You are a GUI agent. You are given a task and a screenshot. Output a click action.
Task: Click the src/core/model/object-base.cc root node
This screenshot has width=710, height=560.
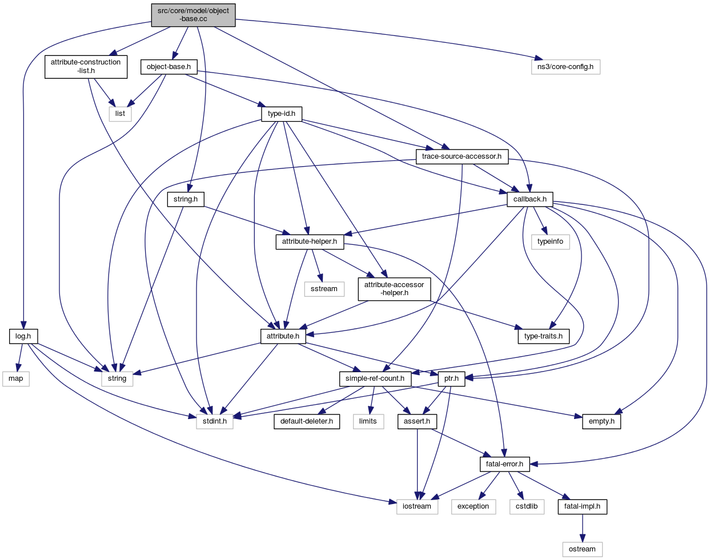(x=193, y=15)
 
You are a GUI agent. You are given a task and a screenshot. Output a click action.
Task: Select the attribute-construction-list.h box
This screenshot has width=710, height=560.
(x=86, y=66)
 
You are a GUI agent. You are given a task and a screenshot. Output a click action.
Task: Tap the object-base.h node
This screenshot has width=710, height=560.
(x=169, y=67)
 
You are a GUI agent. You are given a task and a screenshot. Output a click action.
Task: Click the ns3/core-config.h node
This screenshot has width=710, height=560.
(x=565, y=67)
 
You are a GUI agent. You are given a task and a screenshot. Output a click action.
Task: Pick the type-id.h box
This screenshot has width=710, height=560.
(x=282, y=114)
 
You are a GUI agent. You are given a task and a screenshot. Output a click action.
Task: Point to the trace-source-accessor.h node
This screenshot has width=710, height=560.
(x=462, y=156)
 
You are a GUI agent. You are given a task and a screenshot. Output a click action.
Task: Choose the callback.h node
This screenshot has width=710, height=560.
(x=530, y=199)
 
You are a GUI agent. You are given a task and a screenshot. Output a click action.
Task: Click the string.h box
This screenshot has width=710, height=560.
(x=186, y=199)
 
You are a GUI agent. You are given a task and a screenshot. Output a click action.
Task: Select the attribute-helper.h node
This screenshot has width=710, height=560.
(x=310, y=241)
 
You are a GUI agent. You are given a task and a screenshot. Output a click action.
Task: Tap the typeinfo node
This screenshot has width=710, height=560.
(x=550, y=241)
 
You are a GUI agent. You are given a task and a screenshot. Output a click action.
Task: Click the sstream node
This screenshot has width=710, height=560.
(x=324, y=289)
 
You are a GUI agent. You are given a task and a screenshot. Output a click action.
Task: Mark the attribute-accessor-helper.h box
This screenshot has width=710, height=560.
(x=394, y=289)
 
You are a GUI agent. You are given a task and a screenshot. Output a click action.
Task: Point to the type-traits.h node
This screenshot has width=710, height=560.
(x=543, y=336)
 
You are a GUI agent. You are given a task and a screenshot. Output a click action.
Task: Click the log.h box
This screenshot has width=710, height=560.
(x=23, y=336)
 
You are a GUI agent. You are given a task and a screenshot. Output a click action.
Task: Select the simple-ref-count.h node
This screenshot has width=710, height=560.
(x=375, y=378)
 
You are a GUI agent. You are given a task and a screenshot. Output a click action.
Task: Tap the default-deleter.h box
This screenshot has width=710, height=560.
(x=307, y=421)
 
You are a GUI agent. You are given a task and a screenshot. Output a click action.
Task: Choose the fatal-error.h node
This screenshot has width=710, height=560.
(x=504, y=464)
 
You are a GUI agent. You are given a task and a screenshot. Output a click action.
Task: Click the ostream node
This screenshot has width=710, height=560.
(x=582, y=549)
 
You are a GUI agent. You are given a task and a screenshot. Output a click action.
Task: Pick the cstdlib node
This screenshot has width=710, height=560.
(x=527, y=506)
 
